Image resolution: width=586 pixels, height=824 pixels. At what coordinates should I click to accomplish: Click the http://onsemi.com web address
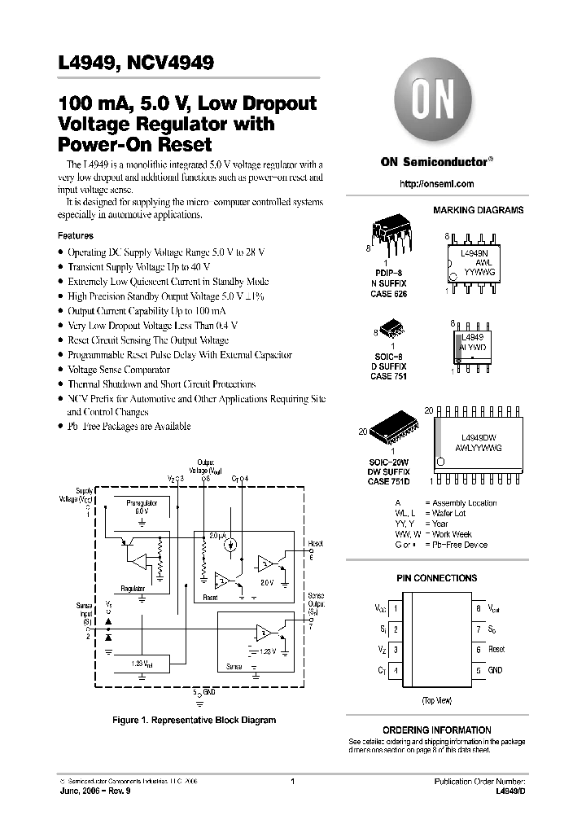[x=437, y=184]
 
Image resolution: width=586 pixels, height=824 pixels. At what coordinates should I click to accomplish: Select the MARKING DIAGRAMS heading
[x=478, y=210]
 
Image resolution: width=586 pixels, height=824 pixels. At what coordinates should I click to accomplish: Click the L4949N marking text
[x=474, y=254]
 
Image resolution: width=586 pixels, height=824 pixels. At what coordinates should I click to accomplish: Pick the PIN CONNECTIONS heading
[x=436, y=578]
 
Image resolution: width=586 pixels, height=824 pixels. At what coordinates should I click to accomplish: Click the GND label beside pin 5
[x=496, y=670]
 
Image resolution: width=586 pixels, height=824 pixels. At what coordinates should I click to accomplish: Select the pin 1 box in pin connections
[x=396, y=608]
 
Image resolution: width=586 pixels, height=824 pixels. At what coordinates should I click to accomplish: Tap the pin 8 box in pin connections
[x=477, y=608]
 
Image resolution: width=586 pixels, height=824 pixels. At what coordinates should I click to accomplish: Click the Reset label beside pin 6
[x=496, y=650]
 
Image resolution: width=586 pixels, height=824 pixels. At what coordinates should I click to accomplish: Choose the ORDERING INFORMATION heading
[x=436, y=730]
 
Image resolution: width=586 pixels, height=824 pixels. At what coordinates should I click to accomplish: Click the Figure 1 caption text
[x=194, y=720]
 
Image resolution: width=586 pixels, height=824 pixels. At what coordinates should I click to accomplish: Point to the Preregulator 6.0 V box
[x=142, y=507]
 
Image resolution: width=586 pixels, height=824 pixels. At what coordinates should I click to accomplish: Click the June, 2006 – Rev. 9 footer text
[x=95, y=791]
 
